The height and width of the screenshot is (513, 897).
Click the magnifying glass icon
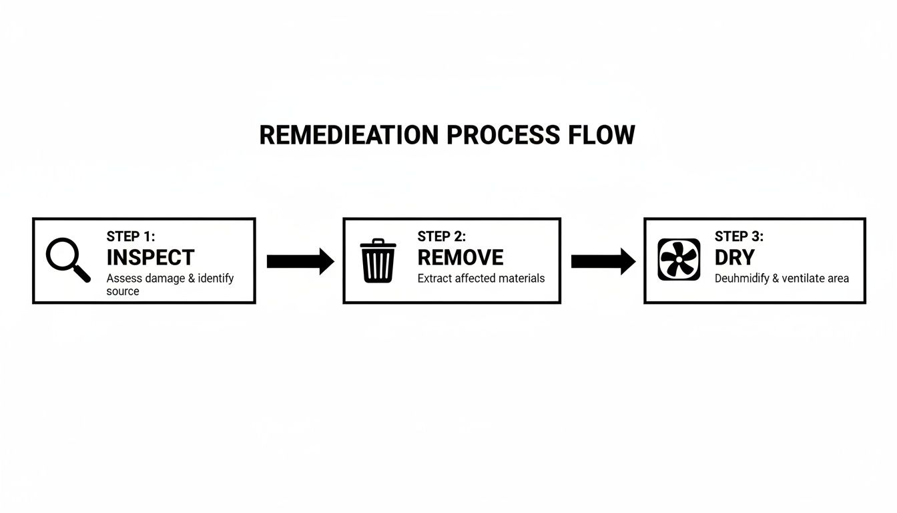[66, 259]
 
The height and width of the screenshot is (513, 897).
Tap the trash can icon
[378, 261]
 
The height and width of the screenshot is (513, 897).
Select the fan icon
[679, 259]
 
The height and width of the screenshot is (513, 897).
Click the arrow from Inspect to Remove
[300, 261]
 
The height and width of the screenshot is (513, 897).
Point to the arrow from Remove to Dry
[603, 261]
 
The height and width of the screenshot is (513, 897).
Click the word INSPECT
[150, 257]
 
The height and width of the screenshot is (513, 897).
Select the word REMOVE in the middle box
[461, 257]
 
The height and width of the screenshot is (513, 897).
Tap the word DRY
[734, 257]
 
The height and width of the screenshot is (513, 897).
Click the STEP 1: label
[131, 236]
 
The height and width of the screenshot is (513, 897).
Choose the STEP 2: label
[442, 236]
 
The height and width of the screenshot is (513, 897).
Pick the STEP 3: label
[739, 236]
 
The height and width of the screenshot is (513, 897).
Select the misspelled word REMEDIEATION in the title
[349, 135]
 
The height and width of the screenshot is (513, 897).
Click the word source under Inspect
[123, 291]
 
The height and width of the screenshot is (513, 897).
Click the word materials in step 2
[519, 278]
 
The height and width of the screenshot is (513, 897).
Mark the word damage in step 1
[165, 278]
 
